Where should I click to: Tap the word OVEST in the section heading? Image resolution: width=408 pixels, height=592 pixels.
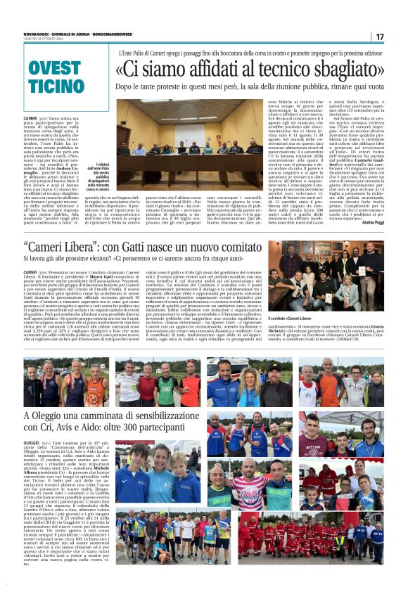[x=55, y=67]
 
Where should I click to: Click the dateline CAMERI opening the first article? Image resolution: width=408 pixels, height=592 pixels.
[x=30, y=118]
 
